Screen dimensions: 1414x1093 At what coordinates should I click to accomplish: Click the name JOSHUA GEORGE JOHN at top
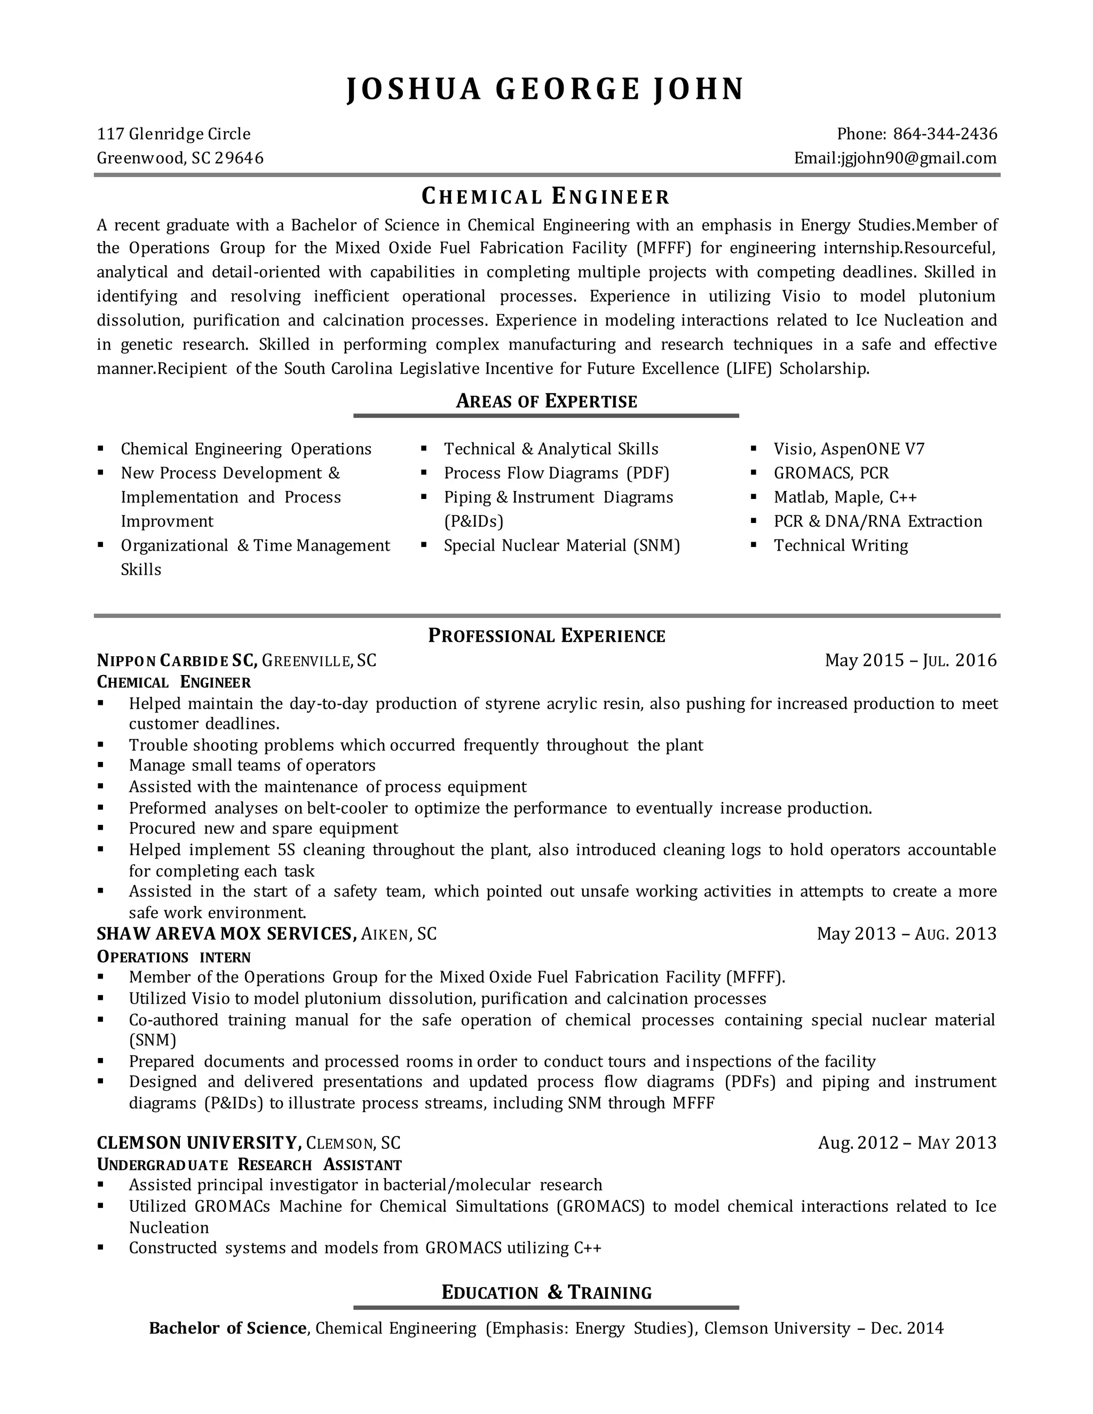pyautogui.click(x=546, y=89)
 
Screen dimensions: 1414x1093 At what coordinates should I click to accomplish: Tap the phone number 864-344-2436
pyautogui.click(x=945, y=134)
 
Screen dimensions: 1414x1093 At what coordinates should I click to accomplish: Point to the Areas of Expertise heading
pyautogui.click(x=546, y=401)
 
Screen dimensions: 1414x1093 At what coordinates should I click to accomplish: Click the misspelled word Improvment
pyautogui.click(x=167, y=521)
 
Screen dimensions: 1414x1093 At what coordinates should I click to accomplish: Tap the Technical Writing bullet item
pyautogui.click(x=841, y=545)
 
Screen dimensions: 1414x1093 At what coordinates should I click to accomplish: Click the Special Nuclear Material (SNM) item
pyautogui.click(x=561, y=545)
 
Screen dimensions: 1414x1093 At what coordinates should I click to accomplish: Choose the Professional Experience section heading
pyautogui.click(x=546, y=636)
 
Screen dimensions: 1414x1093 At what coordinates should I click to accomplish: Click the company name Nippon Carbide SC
pyautogui.click(x=177, y=661)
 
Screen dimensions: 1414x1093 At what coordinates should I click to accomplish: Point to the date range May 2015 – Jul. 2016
pyautogui.click(x=910, y=661)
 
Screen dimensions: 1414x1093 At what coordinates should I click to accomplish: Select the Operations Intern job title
pyautogui.click(x=173, y=957)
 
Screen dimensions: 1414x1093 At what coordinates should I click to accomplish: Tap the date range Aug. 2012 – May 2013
pyautogui.click(x=907, y=1143)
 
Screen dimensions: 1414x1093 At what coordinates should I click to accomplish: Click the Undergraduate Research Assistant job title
pyautogui.click(x=249, y=1165)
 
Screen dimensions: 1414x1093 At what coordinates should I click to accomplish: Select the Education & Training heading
pyautogui.click(x=546, y=1293)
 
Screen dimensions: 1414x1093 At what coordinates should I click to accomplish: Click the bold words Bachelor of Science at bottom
pyautogui.click(x=227, y=1329)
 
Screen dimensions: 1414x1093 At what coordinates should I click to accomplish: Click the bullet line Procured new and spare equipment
pyautogui.click(x=263, y=828)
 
